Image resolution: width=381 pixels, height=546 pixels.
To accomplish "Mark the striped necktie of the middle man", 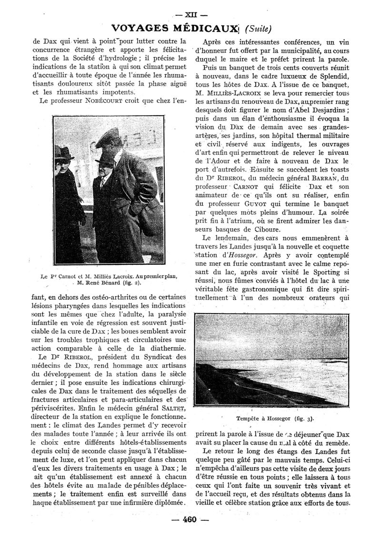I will tap(104, 182).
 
